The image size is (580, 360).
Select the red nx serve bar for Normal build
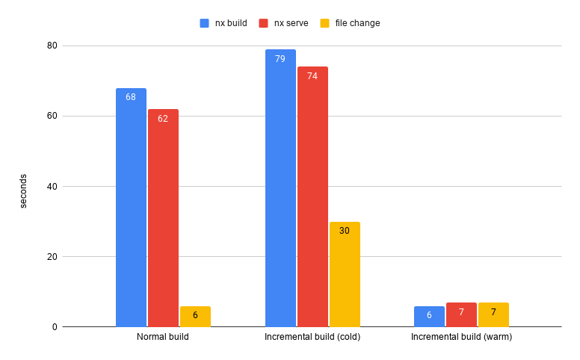[163, 218]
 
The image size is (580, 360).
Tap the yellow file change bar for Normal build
[195, 317]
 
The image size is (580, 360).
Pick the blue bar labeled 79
[280, 188]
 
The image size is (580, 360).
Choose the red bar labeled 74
[312, 196]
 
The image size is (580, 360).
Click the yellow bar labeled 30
[345, 274]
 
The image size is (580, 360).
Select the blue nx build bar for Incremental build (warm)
[429, 317]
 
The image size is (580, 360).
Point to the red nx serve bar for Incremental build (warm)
[461, 315]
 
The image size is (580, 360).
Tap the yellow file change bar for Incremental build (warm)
[493, 315]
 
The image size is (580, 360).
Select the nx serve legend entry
[283, 23]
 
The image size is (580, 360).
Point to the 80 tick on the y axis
[52, 46]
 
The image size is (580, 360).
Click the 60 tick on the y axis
[52, 116]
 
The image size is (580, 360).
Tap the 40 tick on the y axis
[52, 186]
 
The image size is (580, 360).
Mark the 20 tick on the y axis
[52, 256]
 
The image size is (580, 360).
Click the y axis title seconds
[23, 191]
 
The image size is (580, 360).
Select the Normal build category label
[163, 337]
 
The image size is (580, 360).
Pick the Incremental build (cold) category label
[312, 337]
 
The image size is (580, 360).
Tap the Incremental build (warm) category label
[461, 337]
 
